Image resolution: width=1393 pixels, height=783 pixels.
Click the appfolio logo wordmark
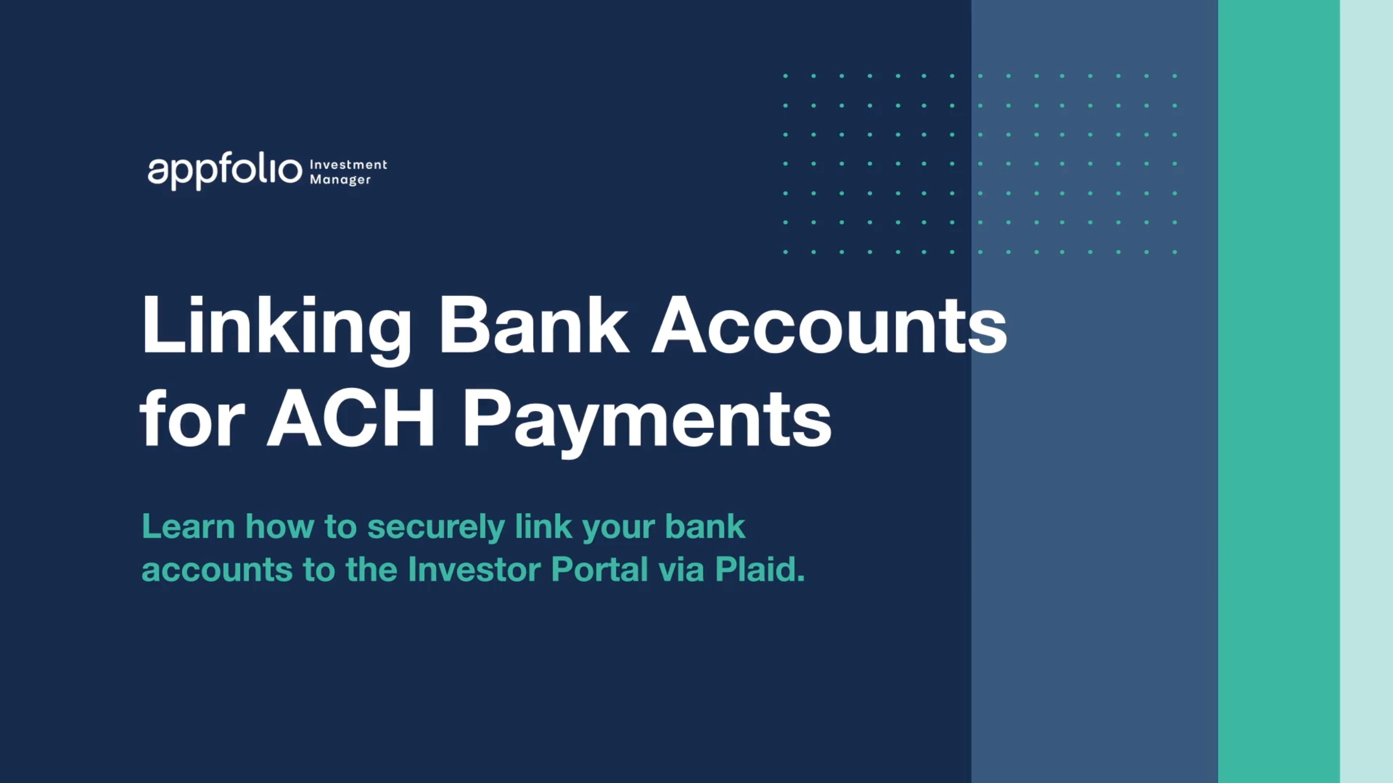224,171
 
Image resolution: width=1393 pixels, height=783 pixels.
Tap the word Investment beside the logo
348,164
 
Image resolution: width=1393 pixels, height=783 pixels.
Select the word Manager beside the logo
340,179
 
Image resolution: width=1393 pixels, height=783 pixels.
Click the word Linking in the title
276,326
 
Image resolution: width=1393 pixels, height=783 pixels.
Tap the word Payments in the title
648,421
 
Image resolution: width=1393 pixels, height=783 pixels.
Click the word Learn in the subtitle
188,526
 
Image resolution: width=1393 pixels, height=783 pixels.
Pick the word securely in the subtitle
436,527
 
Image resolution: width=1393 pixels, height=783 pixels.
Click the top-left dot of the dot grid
785,76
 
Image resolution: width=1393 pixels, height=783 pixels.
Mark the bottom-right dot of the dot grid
1175,252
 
